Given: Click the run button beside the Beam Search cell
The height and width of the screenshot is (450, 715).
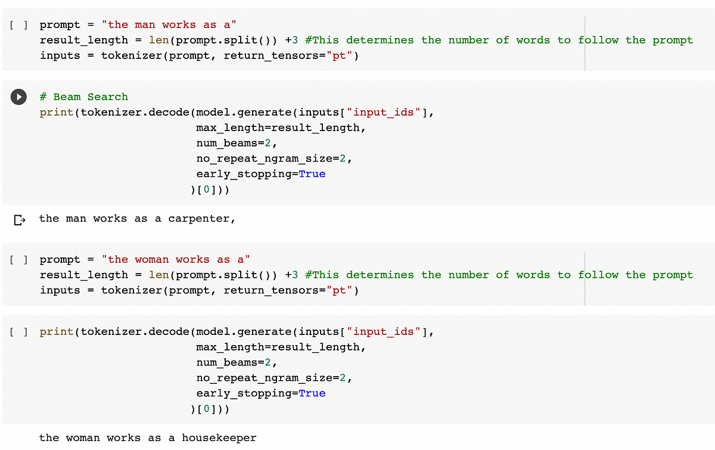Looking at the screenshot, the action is pos(19,97).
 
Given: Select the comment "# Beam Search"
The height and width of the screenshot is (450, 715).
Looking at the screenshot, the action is pos(83,97).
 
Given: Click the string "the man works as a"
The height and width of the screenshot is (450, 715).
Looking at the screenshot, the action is pos(169,24).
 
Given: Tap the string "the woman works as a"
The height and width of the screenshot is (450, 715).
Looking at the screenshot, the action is pos(176,259).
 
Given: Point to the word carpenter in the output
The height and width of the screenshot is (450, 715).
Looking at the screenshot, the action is pos(199,219).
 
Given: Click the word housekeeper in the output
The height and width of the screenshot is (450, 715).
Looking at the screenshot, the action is pos(219,438).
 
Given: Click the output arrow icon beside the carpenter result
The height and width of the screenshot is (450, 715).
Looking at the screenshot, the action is pos(20,220).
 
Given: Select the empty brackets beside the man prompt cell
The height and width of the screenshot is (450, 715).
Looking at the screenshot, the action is pos(19,25).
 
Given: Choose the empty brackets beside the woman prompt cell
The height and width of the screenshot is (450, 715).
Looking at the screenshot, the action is pos(19,260).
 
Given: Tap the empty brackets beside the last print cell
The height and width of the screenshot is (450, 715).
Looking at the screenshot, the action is pos(19,332).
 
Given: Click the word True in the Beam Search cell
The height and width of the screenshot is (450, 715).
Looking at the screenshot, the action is pos(312,174).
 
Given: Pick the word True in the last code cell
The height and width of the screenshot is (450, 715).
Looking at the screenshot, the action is pos(312,393).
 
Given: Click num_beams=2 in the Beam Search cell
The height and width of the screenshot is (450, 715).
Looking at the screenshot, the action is pos(237,143).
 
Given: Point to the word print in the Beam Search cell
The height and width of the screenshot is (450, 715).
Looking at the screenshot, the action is pos(57,112).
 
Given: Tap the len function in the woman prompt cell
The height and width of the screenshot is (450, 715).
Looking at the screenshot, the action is pos(158,275).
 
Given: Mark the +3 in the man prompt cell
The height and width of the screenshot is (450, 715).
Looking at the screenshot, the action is pos(291,40).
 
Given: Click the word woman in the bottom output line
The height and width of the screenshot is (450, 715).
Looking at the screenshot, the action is pos(83,438).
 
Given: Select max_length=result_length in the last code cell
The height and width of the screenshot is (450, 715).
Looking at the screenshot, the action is pos(281,347).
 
